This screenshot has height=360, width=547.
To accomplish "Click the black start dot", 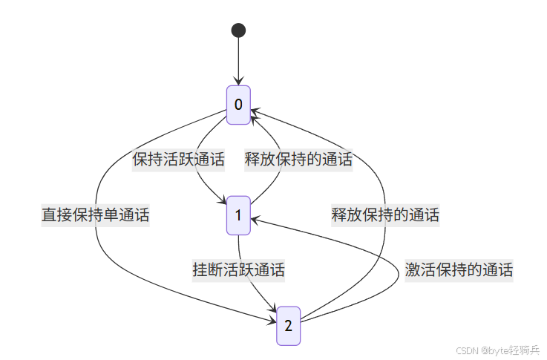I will tap(238, 30).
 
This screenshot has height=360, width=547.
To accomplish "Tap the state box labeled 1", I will tap(238, 215).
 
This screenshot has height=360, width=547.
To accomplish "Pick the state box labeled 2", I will tap(289, 325).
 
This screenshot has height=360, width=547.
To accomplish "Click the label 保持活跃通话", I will tap(178, 158).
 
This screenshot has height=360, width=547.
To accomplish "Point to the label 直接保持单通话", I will tap(96, 215).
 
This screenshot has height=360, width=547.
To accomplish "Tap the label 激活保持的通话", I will tap(459, 270).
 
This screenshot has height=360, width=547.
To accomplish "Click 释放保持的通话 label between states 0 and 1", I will tap(298, 158).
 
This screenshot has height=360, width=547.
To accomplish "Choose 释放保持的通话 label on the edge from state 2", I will tap(385, 215).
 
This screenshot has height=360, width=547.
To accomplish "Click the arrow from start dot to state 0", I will tap(238, 59).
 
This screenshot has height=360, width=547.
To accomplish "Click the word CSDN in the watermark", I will tap(465, 350).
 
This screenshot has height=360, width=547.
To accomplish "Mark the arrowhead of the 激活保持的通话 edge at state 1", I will tap(254, 219).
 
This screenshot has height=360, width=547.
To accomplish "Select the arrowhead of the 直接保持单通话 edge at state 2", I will tap(273, 321).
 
